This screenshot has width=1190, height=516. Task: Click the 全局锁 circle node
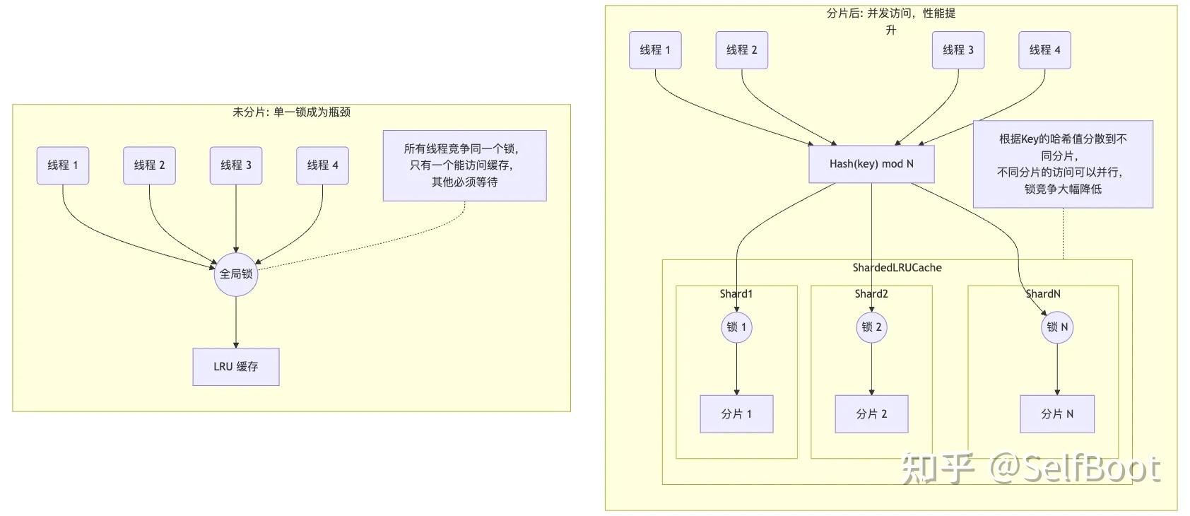tap(235, 274)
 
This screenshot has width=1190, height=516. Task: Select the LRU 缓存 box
tap(235, 367)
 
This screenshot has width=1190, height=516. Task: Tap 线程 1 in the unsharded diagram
tap(63, 165)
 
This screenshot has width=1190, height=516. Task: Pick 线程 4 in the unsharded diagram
tap(322, 165)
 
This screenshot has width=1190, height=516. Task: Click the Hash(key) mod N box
tap(871, 164)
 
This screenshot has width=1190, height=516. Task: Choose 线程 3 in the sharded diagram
tap(958, 50)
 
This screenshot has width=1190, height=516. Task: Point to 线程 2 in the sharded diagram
tap(741, 50)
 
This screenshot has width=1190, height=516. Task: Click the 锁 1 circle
tap(736, 327)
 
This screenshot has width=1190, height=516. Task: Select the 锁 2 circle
tap(871, 327)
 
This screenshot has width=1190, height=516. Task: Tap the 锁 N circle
tap(1057, 327)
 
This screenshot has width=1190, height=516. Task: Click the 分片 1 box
tap(736, 414)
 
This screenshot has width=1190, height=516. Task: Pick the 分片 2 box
tap(871, 414)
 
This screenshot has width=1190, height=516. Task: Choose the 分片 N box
tap(1057, 414)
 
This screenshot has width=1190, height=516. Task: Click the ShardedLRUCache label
tap(897, 268)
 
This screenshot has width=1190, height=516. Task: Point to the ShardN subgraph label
tap(1043, 294)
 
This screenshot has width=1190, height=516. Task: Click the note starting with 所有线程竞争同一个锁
tap(464, 165)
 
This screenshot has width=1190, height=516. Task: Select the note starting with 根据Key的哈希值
tap(1063, 164)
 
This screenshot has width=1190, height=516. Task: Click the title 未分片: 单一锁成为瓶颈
tap(291, 112)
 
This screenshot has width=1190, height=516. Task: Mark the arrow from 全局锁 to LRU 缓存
tap(235, 322)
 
